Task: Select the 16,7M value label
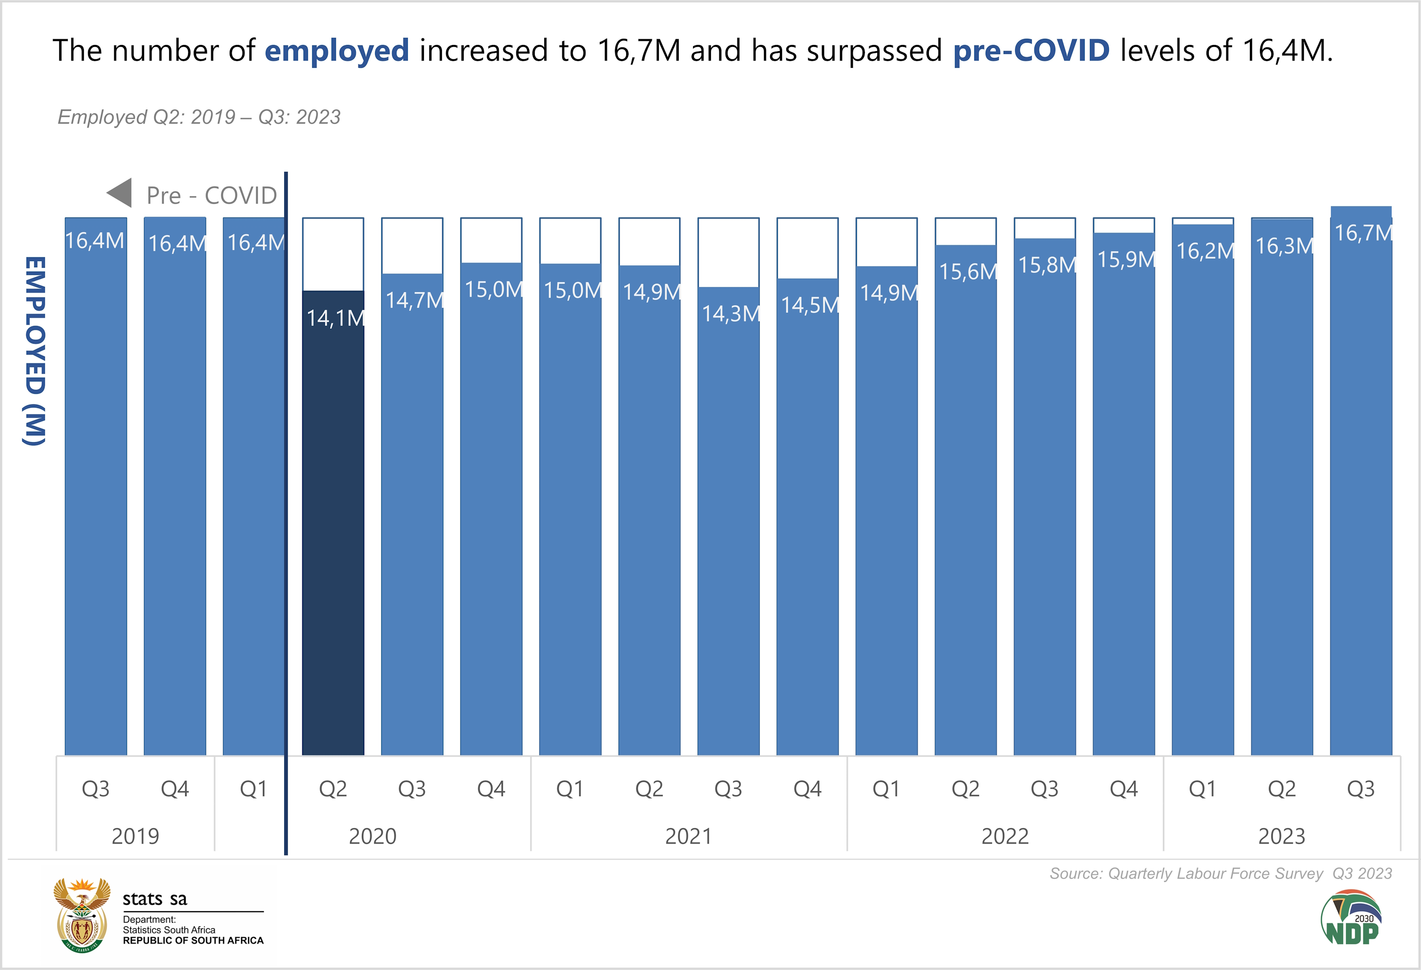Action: click(x=1362, y=233)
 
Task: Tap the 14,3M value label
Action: click(x=730, y=314)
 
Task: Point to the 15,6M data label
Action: click(x=967, y=272)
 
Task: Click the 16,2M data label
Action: click(x=1205, y=251)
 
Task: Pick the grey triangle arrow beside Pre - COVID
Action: click(x=120, y=193)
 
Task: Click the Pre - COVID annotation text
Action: click(x=212, y=196)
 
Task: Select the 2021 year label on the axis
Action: click(x=689, y=836)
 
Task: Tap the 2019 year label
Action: click(x=135, y=836)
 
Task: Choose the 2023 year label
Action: click(x=1282, y=836)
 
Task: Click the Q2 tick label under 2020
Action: click(x=333, y=789)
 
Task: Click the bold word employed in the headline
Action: click(x=336, y=50)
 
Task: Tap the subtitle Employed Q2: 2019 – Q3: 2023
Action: click(x=199, y=117)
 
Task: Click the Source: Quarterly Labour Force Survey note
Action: click(x=1221, y=873)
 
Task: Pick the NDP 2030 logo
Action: click(x=1351, y=917)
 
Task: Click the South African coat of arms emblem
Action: click(x=82, y=915)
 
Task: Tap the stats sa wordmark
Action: click(x=155, y=898)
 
